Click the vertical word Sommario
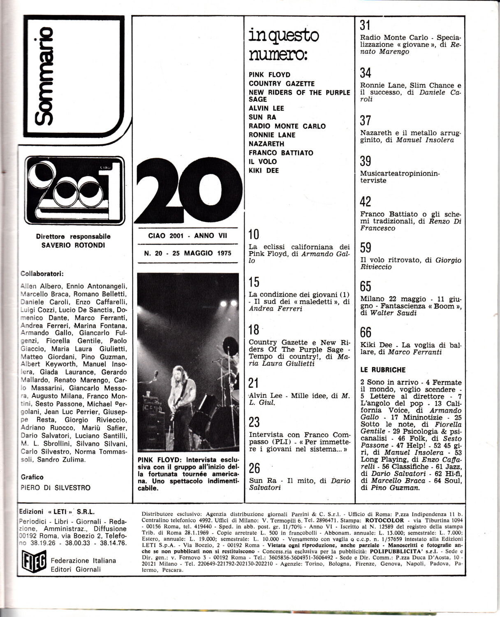[44, 76]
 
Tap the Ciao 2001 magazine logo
[74, 190]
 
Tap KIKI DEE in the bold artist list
[264, 170]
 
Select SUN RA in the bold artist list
[262, 117]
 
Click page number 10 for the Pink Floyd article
[254, 234]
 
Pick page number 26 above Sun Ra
[255, 468]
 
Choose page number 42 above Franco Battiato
[366, 202]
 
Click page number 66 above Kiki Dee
[366, 332]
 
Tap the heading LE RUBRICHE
[383, 370]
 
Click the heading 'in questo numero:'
[283, 44]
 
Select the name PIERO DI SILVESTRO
[56, 488]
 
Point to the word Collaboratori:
[42, 274]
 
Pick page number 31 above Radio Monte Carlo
[365, 26]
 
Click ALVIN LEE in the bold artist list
[266, 108]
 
